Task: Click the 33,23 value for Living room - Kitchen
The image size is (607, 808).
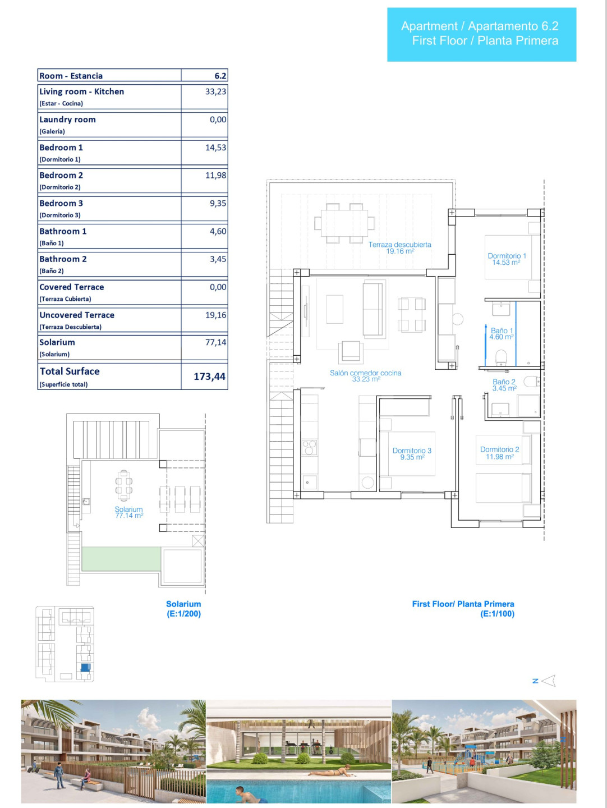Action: (x=215, y=91)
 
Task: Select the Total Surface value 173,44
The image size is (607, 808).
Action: (x=209, y=376)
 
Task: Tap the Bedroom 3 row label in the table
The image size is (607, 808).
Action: (x=61, y=203)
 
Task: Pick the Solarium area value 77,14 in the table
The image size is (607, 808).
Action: (x=215, y=342)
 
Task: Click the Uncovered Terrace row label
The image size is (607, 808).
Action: (x=77, y=315)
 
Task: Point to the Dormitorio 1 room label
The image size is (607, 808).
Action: (x=507, y=255)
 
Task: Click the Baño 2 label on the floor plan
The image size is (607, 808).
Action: (x=504, y=382)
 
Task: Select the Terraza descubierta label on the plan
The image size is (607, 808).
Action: (x=399, y=245)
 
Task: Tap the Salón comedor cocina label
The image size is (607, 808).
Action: (x=365, y=373)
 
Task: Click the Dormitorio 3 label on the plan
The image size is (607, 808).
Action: (x=412, y=451)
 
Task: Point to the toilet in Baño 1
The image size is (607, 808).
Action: (x=500, y=358)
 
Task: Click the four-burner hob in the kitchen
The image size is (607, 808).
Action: (x=309, y=448)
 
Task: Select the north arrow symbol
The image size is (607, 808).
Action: (x=549, y=681)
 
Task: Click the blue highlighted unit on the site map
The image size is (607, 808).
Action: (x=85, y=667)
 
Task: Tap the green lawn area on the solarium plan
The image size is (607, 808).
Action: (x=121, y=559)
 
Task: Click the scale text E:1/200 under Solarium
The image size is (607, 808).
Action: (x=183, y=614)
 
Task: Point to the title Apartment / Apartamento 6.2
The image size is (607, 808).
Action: (x=480, y=26)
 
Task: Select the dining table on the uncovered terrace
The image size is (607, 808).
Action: (x=344, y=223)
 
